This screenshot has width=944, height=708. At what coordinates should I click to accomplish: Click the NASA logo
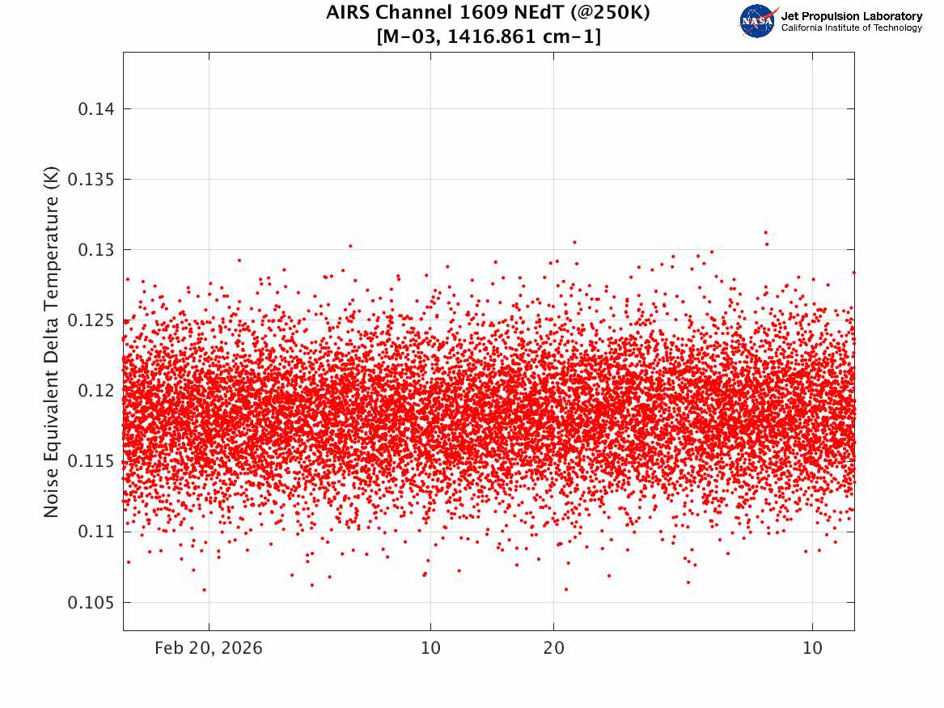(x=757, y=21)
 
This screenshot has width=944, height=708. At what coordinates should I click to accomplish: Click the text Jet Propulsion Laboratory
(x=851, y=16)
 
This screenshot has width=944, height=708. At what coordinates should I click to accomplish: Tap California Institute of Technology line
(x=851, y=28)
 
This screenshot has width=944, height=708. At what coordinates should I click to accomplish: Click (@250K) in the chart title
(x=609, y=13)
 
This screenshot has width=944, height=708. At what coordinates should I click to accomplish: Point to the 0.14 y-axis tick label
(x=95, y=109)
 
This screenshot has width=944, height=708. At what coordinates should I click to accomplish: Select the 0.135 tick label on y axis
(x=91, y=180)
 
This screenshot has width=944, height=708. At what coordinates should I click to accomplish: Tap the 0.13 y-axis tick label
(x=95, y=250)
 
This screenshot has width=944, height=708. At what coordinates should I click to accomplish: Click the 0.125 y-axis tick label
(x=91, y=320)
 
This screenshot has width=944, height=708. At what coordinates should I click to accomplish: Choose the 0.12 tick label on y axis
(x=95, y=391)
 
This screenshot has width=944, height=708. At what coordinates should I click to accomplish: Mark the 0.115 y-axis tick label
(x=91, y=461)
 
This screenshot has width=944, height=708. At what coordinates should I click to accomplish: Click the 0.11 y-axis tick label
(x=95, y=532)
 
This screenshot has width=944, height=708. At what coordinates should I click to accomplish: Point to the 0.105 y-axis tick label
(x=91, y=603)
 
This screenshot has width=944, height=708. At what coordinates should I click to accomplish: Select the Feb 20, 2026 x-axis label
(x=209, y=648)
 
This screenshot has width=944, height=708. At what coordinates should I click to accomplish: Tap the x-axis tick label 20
(x=554, y=648)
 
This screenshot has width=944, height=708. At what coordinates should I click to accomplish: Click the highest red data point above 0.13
(x=765, y=232)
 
